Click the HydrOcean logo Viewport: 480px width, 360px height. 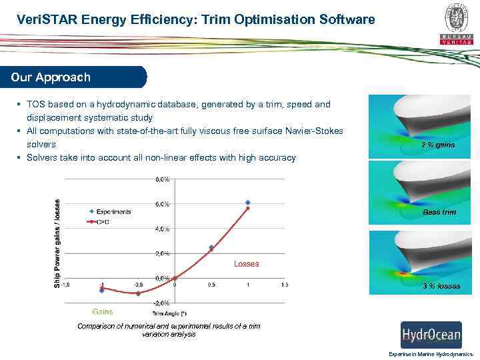click(x=431, y=335)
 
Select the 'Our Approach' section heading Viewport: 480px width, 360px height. click(x=51, y=77)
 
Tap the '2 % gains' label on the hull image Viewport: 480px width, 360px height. click(x=437, y=145)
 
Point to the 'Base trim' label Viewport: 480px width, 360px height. click(x=439, y=212)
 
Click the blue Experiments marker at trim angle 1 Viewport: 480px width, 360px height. click(x=248, y=202)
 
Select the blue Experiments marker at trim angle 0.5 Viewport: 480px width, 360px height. click(x=211, y=247)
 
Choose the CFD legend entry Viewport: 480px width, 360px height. click(x=103, y=221)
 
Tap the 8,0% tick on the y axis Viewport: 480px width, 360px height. click(x=162, y=179)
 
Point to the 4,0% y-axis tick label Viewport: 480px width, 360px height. click(x=162, y=229)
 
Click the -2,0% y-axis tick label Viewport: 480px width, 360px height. click(x=161, y=303)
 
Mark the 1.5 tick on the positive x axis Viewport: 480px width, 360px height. click(x=285, y=285)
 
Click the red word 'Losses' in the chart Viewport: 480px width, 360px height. click(x=246, y=264)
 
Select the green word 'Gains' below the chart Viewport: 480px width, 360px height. click(x=103, y=311)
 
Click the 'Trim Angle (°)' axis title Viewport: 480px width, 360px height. click(x=169, y=313)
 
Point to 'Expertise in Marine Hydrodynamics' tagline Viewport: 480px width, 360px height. click(x=430, y=355)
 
